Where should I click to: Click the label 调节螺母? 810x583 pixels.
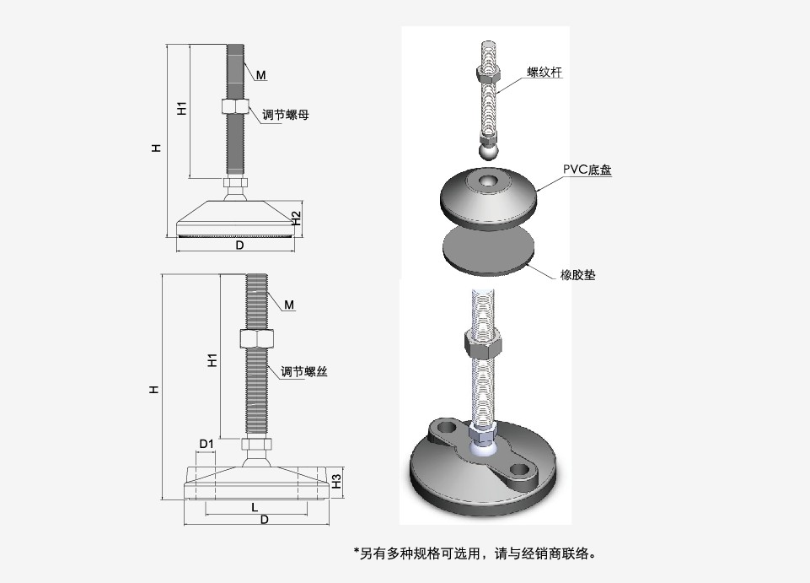pos(286,114)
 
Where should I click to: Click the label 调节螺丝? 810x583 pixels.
pos(303,372)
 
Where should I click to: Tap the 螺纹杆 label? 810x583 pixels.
pos(544,73)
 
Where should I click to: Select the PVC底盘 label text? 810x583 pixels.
pos(587,170)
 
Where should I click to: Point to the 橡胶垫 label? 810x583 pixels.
pos(577,274)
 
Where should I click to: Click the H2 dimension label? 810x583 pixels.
pos(296,218)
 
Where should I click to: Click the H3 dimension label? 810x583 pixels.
pos(335,482)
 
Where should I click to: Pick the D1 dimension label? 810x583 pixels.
pos(206,444)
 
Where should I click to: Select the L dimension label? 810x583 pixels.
pos(255,507)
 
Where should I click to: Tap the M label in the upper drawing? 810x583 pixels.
pos(261,75)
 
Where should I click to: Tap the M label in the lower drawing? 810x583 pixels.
pos(289,305)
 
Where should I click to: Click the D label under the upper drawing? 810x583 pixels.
pos(239,246)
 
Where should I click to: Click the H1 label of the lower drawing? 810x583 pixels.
pos(212,360)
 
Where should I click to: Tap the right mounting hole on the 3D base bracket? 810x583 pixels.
pos(521,469)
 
